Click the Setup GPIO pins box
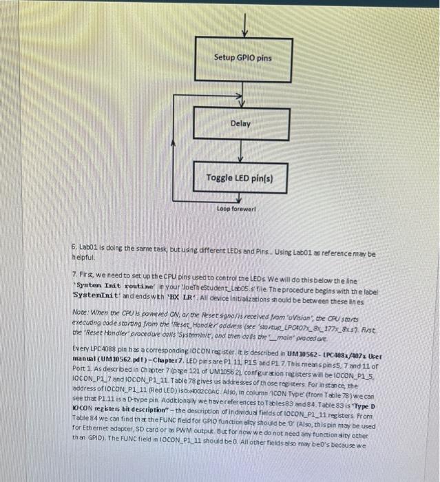tap(242, 58)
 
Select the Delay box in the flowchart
tap(241, 123)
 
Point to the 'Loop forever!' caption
tap(236, 208)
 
